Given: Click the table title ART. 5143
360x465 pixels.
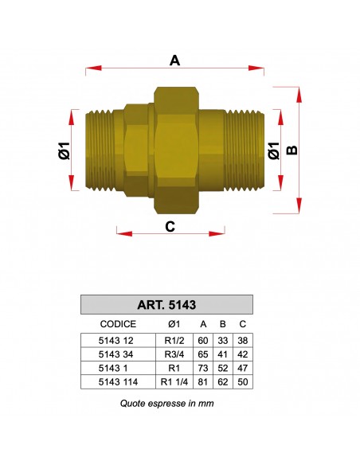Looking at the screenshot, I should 167,304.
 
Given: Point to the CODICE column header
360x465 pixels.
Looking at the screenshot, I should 118,324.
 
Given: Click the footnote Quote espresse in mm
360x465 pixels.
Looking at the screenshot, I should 167,403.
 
